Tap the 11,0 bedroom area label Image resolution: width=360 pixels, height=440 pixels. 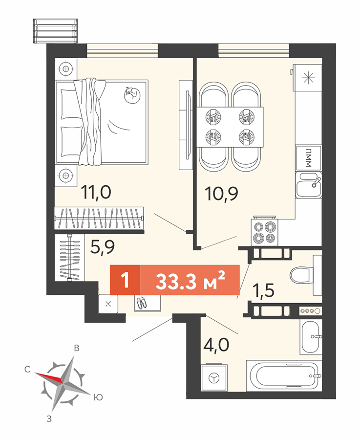(96, 193)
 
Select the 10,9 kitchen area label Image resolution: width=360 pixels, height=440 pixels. (221, 194)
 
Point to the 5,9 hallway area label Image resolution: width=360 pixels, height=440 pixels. (103, 247)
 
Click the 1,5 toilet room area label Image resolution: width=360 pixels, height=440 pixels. (263, 290)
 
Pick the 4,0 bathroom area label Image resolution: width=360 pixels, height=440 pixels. (216, 345)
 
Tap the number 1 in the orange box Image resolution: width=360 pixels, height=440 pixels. (125, 280)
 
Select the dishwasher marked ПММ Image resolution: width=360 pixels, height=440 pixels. (308, 158)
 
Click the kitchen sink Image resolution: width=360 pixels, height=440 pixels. (308, 185)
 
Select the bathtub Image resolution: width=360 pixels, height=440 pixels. (284, 376)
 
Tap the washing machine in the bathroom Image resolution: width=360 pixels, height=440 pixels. (214, 377)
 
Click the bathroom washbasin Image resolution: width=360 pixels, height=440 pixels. (311, 337)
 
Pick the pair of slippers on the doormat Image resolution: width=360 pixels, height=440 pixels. (141, 303)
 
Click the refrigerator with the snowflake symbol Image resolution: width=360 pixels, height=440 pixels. (308, 77)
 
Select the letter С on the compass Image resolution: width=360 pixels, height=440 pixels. (27, 369)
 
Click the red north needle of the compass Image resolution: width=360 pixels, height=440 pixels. (49, 377)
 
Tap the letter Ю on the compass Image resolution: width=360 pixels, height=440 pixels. (98, 397)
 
